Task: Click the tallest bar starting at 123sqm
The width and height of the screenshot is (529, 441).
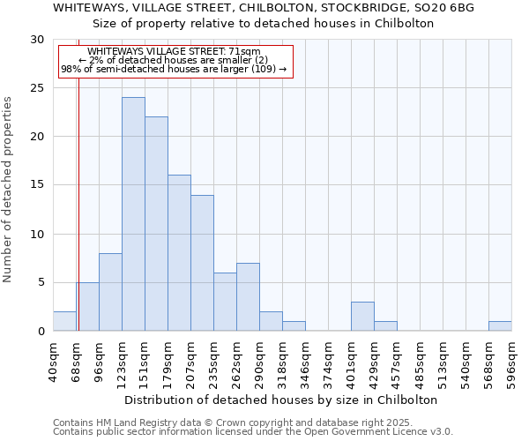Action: (x=133, y=214)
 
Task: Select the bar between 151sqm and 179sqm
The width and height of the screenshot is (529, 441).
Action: (x=156, y=224)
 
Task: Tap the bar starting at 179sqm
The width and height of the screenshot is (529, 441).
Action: (x=179, y=253)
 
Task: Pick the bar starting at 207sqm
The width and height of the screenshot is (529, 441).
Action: (x=202, y=263)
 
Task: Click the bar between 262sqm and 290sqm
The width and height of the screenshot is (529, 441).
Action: (x=248, y=297)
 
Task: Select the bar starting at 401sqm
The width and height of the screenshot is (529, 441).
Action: (x=362, y=317)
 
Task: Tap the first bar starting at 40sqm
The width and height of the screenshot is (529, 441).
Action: (x=64, y=321)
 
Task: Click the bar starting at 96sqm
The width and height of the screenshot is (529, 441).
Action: (x=110, y=292)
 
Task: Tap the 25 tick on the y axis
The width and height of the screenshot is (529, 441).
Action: (x=38, y=88)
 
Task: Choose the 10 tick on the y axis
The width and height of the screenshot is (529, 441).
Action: (x=38, y=235)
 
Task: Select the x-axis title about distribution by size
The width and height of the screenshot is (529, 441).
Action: (x=281, y=400)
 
